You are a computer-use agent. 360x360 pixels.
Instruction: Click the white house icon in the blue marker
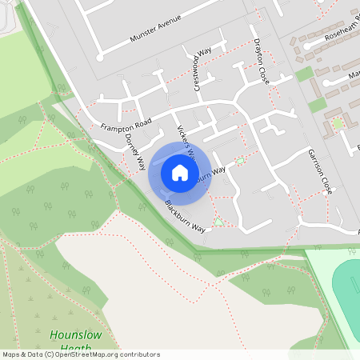coord(179,173)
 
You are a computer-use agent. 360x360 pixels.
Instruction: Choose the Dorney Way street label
coord(134,150)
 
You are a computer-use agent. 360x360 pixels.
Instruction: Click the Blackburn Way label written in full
coord(185,217)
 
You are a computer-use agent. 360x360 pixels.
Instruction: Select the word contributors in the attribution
coord(138,354)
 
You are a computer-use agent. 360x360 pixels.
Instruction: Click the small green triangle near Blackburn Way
coord(218,221)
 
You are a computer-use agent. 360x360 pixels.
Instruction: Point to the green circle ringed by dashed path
coord(338,122)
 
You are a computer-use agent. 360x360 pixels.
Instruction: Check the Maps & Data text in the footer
coord(22,354)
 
